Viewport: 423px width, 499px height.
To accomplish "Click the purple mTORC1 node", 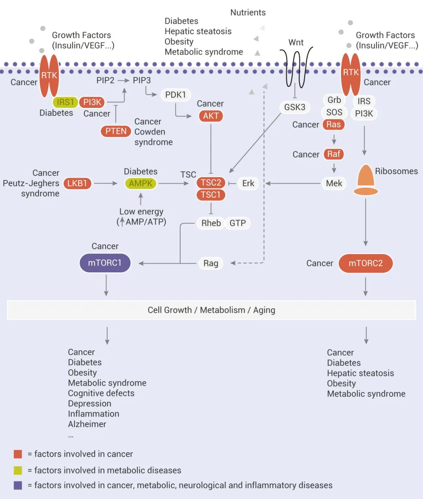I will pyautogui.click(x=105, y=263).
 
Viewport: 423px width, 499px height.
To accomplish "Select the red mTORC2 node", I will pyautogui.click(x=365, y=263).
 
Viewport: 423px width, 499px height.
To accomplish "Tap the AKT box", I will pyautogui.click(x=211, y=116).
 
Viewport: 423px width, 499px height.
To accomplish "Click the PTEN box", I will pyautogui.click(x=116, y=131).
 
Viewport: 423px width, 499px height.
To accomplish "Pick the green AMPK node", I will pyautogui.click(x=141, y=183).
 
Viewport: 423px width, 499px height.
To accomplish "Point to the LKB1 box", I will pyautogui.click(x=77, y=183).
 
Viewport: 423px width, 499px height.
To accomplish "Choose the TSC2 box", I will pyautogui.click(x=211, y=182).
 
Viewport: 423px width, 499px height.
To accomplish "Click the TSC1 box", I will pyautogui.click(x=211, y=195).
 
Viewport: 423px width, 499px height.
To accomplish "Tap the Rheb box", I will pyautogui.click(x=211, y=223).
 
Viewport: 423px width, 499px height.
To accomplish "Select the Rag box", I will pyautogui.click(x=211, y=263).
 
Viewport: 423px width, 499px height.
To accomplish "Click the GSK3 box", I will pyautogui.click(x=295, y=107).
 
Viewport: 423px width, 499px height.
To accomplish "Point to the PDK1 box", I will pyautogui.click(x=175, y=95).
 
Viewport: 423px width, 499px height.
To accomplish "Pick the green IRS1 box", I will pyautogui.click(x=65, y=102).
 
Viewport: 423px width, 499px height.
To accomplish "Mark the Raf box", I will pyautogui.click(x=334, y=154).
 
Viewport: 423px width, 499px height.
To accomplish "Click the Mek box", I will pyautogui.click(x=334, y=183).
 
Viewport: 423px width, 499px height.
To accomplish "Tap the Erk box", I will pyautogui.click(x=248, y=183).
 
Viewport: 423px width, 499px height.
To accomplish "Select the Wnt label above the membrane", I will pyautogui.click(x=296, y=42).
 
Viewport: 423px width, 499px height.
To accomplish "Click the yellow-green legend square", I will pyautogui.click(x=18, y=470).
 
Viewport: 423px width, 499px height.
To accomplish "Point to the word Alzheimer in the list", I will pyautogui.click(x=87, y=424).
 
